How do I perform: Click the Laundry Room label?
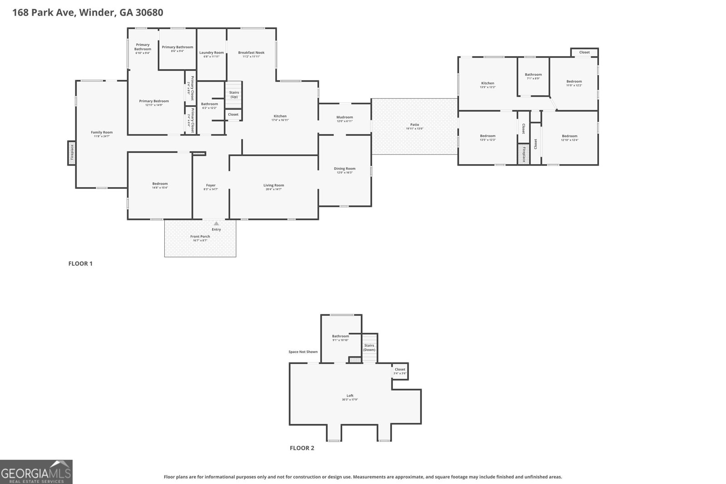[211, 53]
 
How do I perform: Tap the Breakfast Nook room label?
[251, 53]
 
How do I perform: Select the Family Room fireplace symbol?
[71, 153]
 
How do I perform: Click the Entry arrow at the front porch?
[216, 223]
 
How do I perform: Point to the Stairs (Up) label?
[234, 94]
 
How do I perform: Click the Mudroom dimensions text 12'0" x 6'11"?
[345, 121]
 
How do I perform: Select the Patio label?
[415, 124]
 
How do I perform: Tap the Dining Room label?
[345, 168]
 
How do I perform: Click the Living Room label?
[274, 185]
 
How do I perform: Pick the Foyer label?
[211, 185]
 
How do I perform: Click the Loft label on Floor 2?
[350, 396]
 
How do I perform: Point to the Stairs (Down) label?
[369, 347]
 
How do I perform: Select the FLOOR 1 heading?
[80, 264]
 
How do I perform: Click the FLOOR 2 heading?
[302, 448]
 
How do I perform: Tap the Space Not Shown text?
[303, 352]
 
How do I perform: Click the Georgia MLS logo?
[36, 472]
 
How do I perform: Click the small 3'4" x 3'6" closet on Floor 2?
[400, 371]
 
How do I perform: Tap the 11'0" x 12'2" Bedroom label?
[574, 82]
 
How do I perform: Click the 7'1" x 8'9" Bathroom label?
[533, 74]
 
